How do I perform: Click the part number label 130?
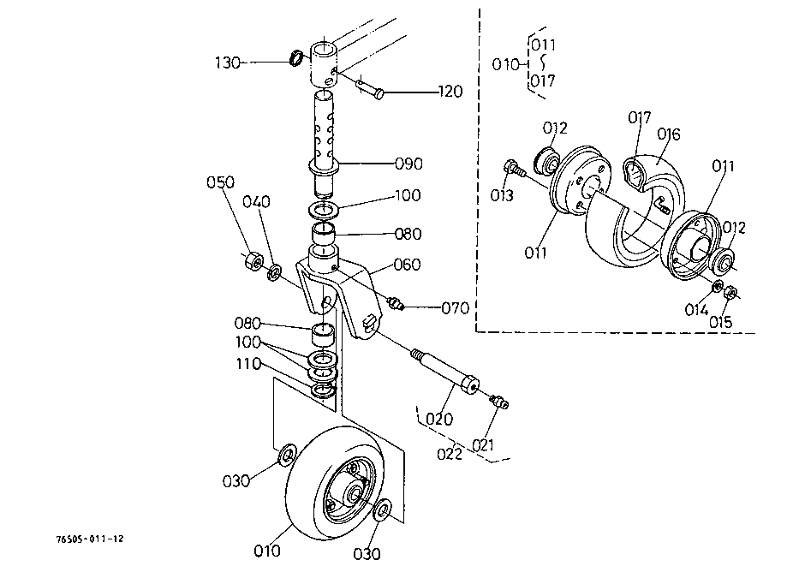click(x=228, y=63)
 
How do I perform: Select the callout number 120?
click(x=450, y=92)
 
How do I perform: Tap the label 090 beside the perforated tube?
click(x=409, y=164)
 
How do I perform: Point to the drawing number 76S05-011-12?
click(x=90, y=539)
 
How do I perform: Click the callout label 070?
click(x=456, y=307)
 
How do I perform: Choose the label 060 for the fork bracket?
click(x=407, y=264)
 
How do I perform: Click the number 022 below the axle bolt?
click(x=450, y=454)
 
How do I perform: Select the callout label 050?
click(x=220, y=182)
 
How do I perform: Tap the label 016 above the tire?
click(x=669, y=134)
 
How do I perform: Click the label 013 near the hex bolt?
click(x=502, y=195)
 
